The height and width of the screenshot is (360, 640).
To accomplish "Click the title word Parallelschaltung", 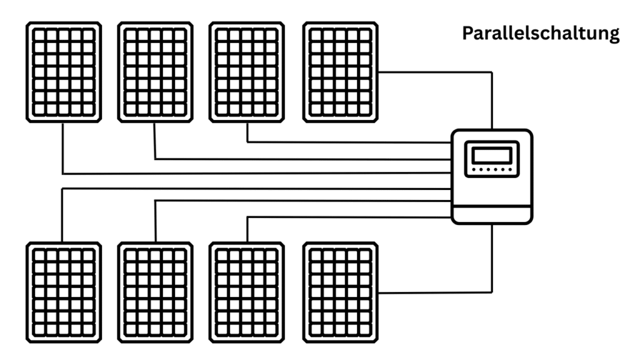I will pos(541,34).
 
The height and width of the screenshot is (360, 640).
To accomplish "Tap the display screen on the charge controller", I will pos(491,154).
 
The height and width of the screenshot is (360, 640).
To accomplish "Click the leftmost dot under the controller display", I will pos(475,169).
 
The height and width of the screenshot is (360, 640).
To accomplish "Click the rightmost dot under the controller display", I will pos(508,169).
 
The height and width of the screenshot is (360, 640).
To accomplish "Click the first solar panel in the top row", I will pos(63,72).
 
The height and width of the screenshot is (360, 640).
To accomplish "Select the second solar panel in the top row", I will pos(155,72).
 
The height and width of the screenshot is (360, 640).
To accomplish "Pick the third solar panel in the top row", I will pos(247,72).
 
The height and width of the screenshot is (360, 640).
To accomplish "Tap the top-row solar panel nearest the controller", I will pos(339,72).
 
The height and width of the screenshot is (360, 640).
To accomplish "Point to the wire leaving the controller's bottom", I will pos(492,256).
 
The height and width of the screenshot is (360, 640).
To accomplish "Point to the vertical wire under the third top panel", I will pos(247,132).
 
